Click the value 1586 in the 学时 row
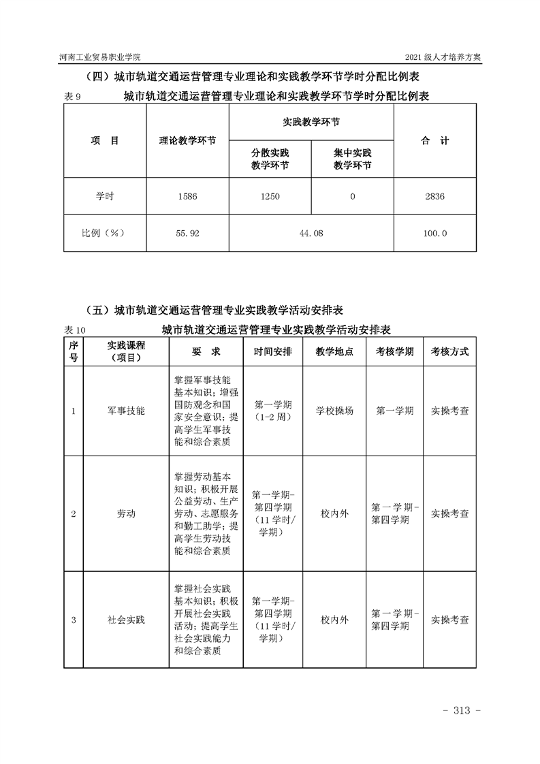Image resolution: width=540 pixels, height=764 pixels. (x=187, y=196)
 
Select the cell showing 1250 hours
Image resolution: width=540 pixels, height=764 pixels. (x=270, y=196)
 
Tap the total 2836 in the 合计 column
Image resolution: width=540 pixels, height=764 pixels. (x=434, y=196)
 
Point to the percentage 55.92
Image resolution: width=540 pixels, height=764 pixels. (x=187, y=233)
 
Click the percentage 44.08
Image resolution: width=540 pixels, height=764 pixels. (x=311, y=233)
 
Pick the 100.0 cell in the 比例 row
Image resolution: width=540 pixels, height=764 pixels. (x=434, y=233)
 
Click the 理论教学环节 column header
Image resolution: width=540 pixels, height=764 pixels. (x=187, y=141)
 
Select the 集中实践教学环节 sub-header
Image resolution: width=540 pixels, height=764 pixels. (x=352, y=159)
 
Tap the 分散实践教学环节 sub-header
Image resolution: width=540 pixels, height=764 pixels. (x=270, y=159)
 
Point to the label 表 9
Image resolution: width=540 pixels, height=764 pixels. (x=72, y=97)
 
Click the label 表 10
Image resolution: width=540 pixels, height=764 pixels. (x=75, y=330)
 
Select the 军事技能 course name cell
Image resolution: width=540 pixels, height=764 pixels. (x=126, y=411)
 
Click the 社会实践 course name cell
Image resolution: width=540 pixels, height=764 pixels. (x=126, y=620)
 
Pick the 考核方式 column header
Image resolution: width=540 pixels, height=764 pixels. (x=449, y=351)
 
